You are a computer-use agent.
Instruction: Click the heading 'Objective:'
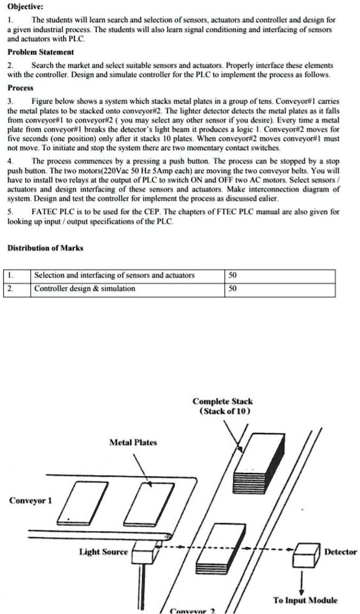click(25, 7)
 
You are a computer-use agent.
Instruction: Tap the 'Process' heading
click(21, 87)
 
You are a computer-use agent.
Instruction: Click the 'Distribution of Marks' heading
click(45, 249)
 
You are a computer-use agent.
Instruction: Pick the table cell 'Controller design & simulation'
click(85, 289)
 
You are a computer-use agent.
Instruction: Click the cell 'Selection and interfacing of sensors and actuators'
click(114, 276)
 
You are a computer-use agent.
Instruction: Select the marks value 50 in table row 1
click(234, 276)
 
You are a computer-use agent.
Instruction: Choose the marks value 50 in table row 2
click(234, 289)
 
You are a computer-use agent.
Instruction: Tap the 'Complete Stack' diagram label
click(222, 401)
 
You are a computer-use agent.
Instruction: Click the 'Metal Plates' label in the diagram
click(133, 442)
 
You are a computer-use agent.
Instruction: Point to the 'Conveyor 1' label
click(30, 500)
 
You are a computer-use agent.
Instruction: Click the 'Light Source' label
click(103, 551)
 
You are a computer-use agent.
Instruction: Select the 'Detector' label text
click(341, 552)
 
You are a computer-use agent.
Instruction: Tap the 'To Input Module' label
click(305, 600)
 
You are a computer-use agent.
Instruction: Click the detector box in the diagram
click(306, 552)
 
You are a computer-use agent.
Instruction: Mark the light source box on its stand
click(144, 552)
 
